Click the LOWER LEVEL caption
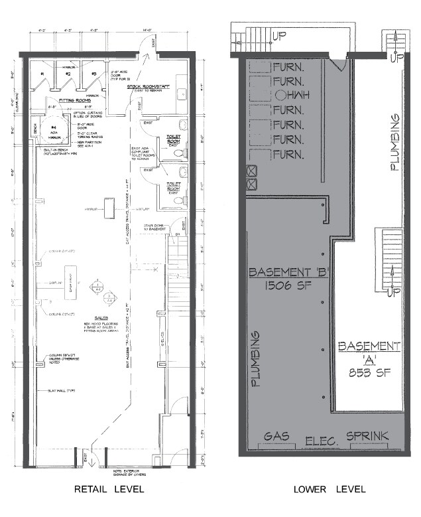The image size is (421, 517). [330, 489]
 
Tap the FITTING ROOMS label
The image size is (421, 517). [74, 100]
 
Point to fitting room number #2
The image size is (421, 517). [68, 74]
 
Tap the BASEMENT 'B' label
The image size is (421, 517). [282, 272]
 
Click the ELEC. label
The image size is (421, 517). [322, 441]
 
